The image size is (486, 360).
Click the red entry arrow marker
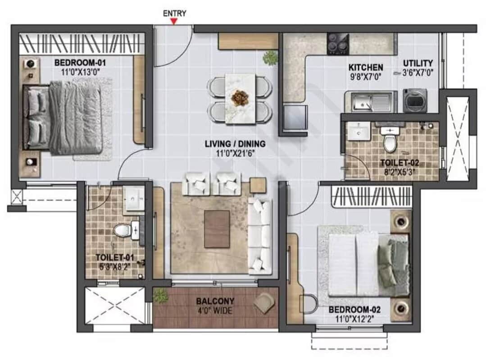click(174, 21)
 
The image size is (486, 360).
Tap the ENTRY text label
click(174, 13)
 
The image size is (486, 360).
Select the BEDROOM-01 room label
click(80, 62)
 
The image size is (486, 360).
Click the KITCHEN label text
click(366, 67)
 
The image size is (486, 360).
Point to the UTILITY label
click(418, 63)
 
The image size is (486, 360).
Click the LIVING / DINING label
click(235, 144)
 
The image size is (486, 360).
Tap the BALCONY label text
click(215, 301)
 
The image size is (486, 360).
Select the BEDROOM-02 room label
click(354, 310)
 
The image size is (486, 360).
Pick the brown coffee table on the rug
click(217, 229)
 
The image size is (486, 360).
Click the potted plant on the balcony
click(160, 296)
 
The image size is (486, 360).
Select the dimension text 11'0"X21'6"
click(235, 153)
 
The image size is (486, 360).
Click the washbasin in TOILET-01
click(134, 199)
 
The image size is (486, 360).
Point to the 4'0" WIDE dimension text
click(215, 310)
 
